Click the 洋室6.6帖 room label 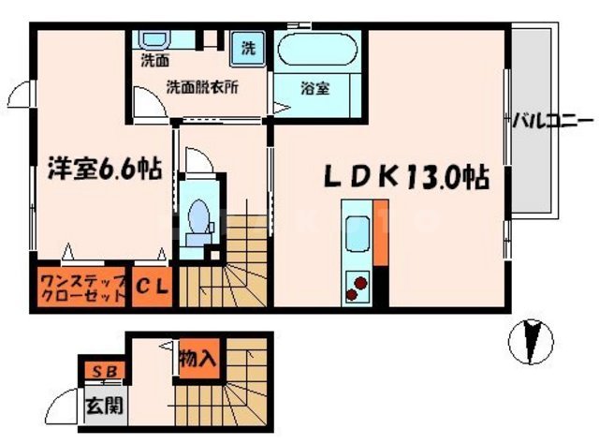[104, 170]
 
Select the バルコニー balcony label [551, 121]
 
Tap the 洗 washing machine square [250, 48]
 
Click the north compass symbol [531, 341]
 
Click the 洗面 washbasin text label [153, 64]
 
